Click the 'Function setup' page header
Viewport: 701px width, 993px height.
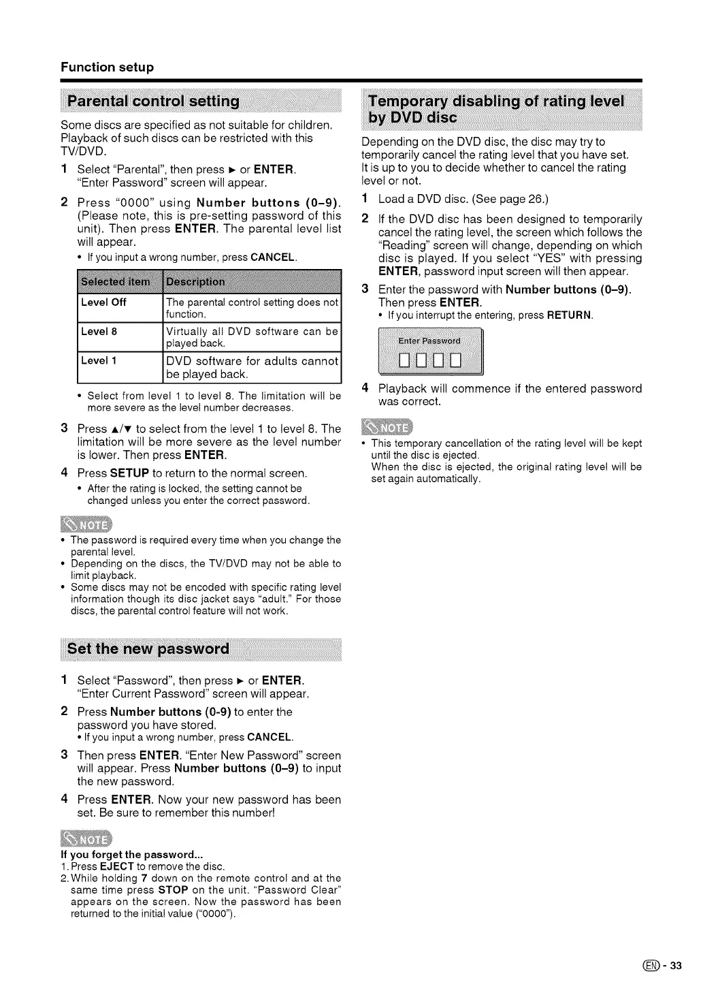tap(107, 67)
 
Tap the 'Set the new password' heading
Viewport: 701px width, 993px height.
tap(148, 648)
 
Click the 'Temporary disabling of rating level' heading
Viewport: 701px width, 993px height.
tap(495, 101)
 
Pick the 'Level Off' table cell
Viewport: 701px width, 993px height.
tap(103, 302)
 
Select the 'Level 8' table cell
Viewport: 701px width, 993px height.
tap(99, 332)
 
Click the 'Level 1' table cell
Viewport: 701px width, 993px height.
tap(99, 360)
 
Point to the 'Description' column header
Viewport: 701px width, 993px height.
tap(195, 282)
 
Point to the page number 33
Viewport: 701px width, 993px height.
tap(675, 965)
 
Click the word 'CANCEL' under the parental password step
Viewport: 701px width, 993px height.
tap(272, 257)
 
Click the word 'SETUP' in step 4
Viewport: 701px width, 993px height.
tap(129, 473)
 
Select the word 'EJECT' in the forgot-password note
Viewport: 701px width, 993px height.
tap(116, 866)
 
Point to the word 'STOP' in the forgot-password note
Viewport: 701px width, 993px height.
tap(173, 889)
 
